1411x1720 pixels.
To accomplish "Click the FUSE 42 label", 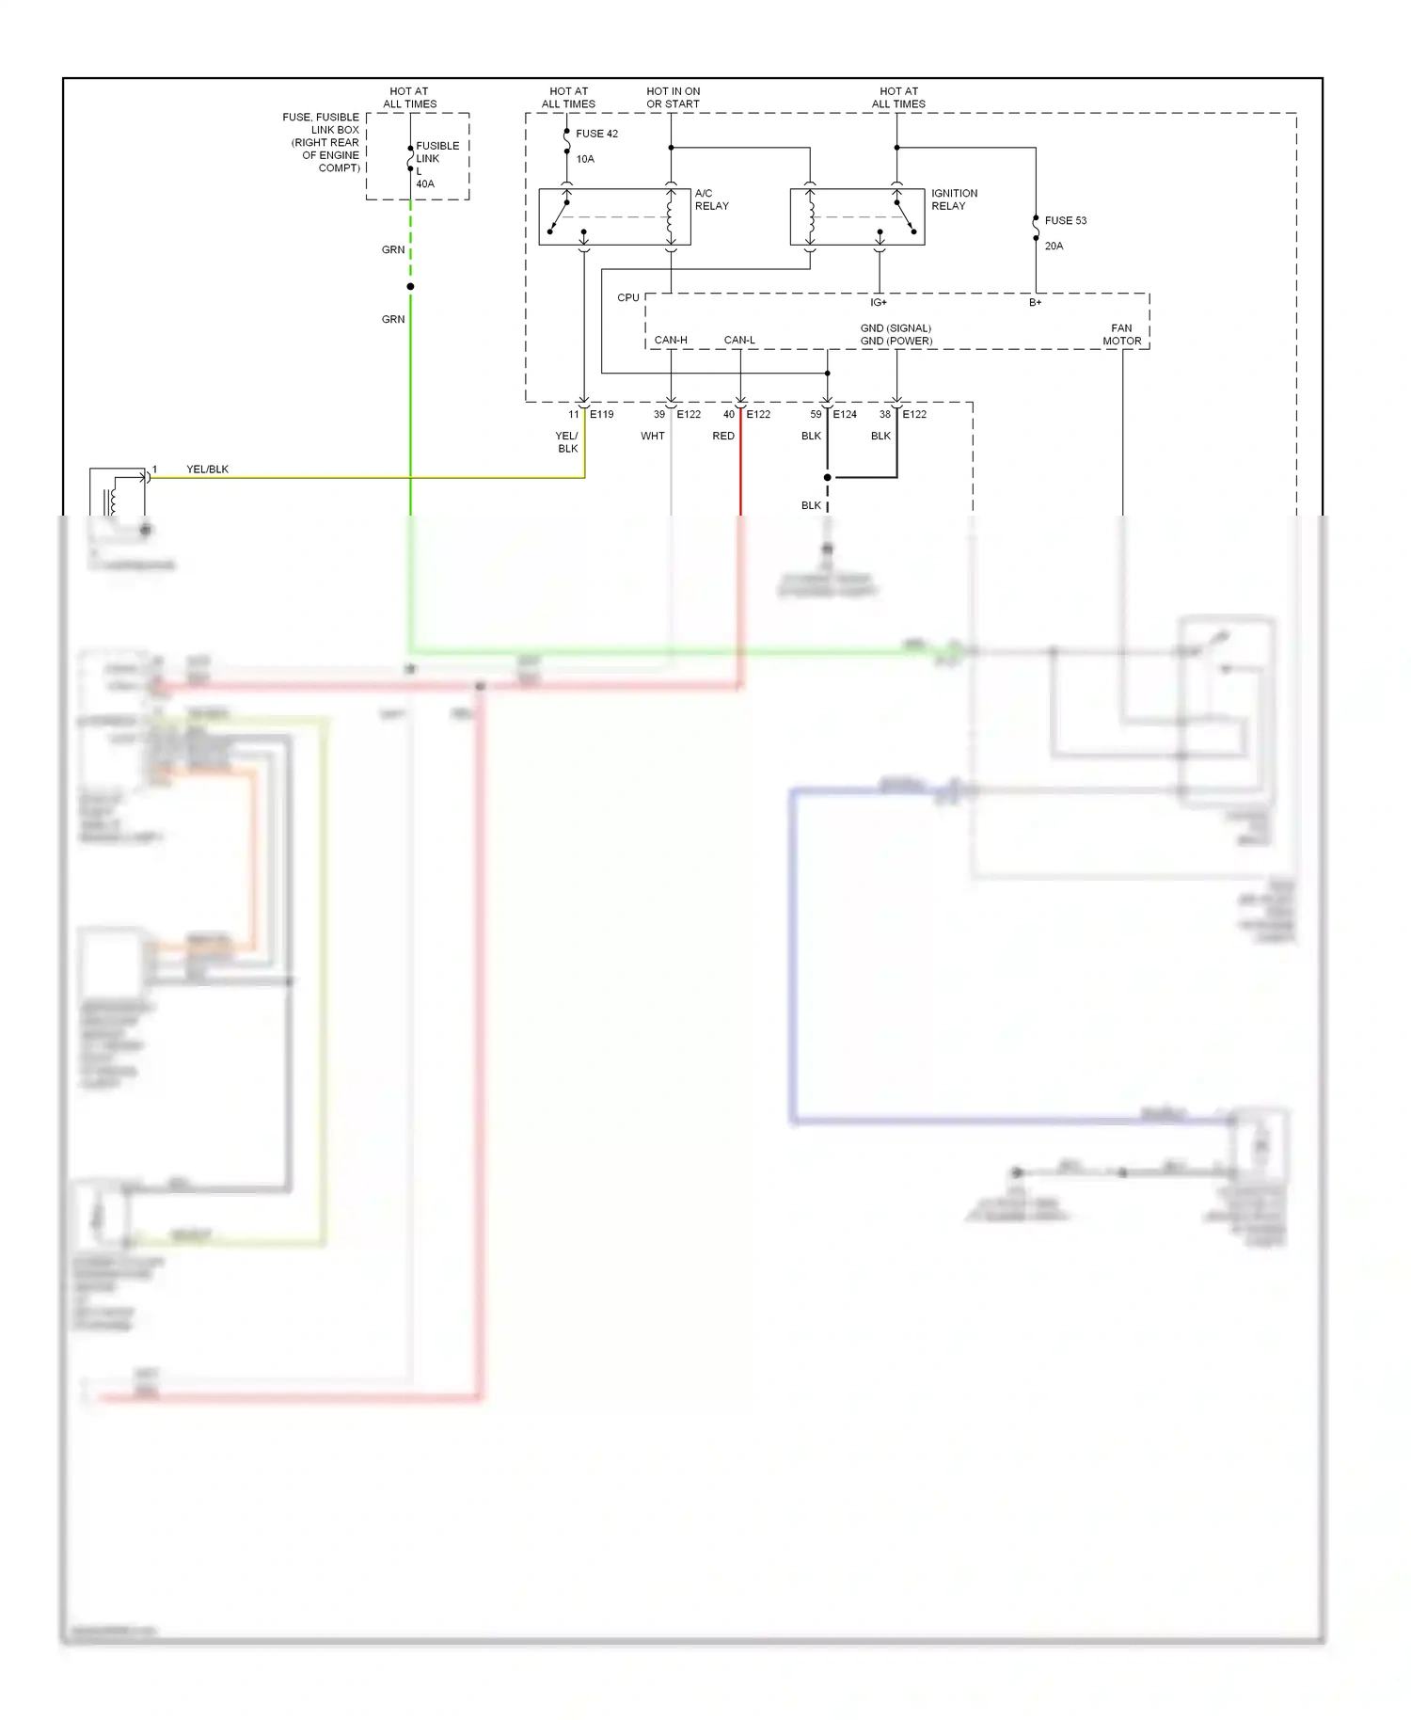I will pyautogui.click(x=596, y=134).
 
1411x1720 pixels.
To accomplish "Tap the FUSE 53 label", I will pyautogui.click(x=1065, y=221).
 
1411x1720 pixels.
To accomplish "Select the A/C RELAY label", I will pyautogui.click(x=711, y=199).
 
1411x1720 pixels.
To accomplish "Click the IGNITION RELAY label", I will pyautogui.click(x=954, y=199).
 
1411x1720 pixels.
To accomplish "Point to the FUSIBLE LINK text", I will pyautogui.click(x=437, y=152).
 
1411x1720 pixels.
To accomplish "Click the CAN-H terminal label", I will pyautogui.click(x=671, y=341).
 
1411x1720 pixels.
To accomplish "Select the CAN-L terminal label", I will pyautogui.click(x=739, y=341).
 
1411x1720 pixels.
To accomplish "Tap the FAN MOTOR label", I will pyautogui.click(x=1121, y=335).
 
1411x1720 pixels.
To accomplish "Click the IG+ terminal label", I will pyautogui.click(x=878, y=303).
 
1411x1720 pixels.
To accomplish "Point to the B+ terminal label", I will pyautogui.click(x=1035, y=303).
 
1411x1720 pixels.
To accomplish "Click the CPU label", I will pyautogui.click(x=627, y=298).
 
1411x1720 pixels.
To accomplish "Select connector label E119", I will pyautogui.click(x=601, y=415).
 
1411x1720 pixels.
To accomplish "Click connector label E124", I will pyautogui.click(x=845, y=415).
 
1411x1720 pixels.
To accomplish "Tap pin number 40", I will pyautogui.click(x=728, y=415).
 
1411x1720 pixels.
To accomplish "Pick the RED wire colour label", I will pyautogui.click(x=722, y=437).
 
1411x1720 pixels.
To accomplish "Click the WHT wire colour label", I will pyautogui.click(x=652, y=437).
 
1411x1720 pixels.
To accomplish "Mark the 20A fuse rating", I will pyautogui.click(x=1054, y=247).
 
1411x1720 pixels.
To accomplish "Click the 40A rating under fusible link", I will pyautogui.click(x=425, y=184).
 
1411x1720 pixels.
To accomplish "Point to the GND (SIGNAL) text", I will pyautogui.click(x=896, y=328).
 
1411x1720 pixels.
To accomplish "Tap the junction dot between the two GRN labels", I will pyautogui.click(x=410, y=286).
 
